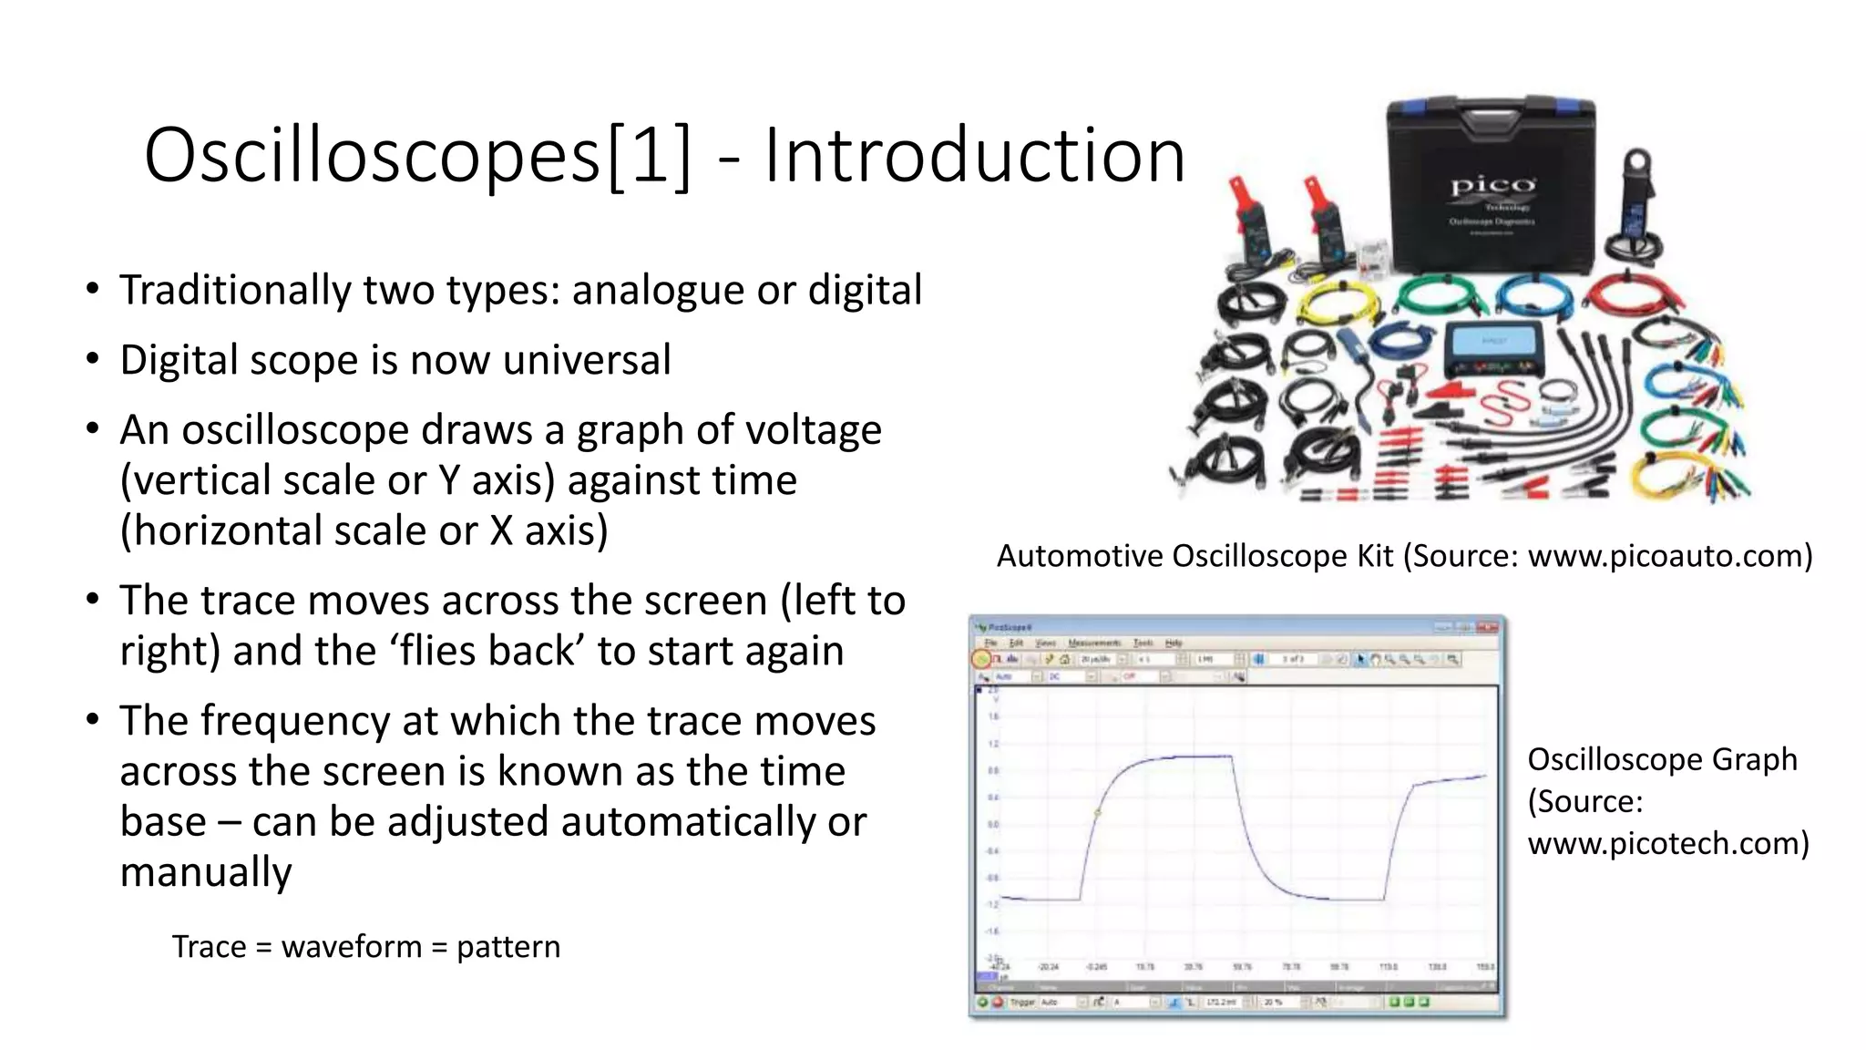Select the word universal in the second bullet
(x=587, y=360)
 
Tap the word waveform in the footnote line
(x=352, y=947)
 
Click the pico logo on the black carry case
(x=1492, y=186)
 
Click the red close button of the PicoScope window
(x=1487, y=627)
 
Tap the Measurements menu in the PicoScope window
(x=1093, y=643)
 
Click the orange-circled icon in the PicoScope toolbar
(x=982, y=659)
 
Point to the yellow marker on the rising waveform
(x=1098, y=812)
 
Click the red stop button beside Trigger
(x=998, y=1002)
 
